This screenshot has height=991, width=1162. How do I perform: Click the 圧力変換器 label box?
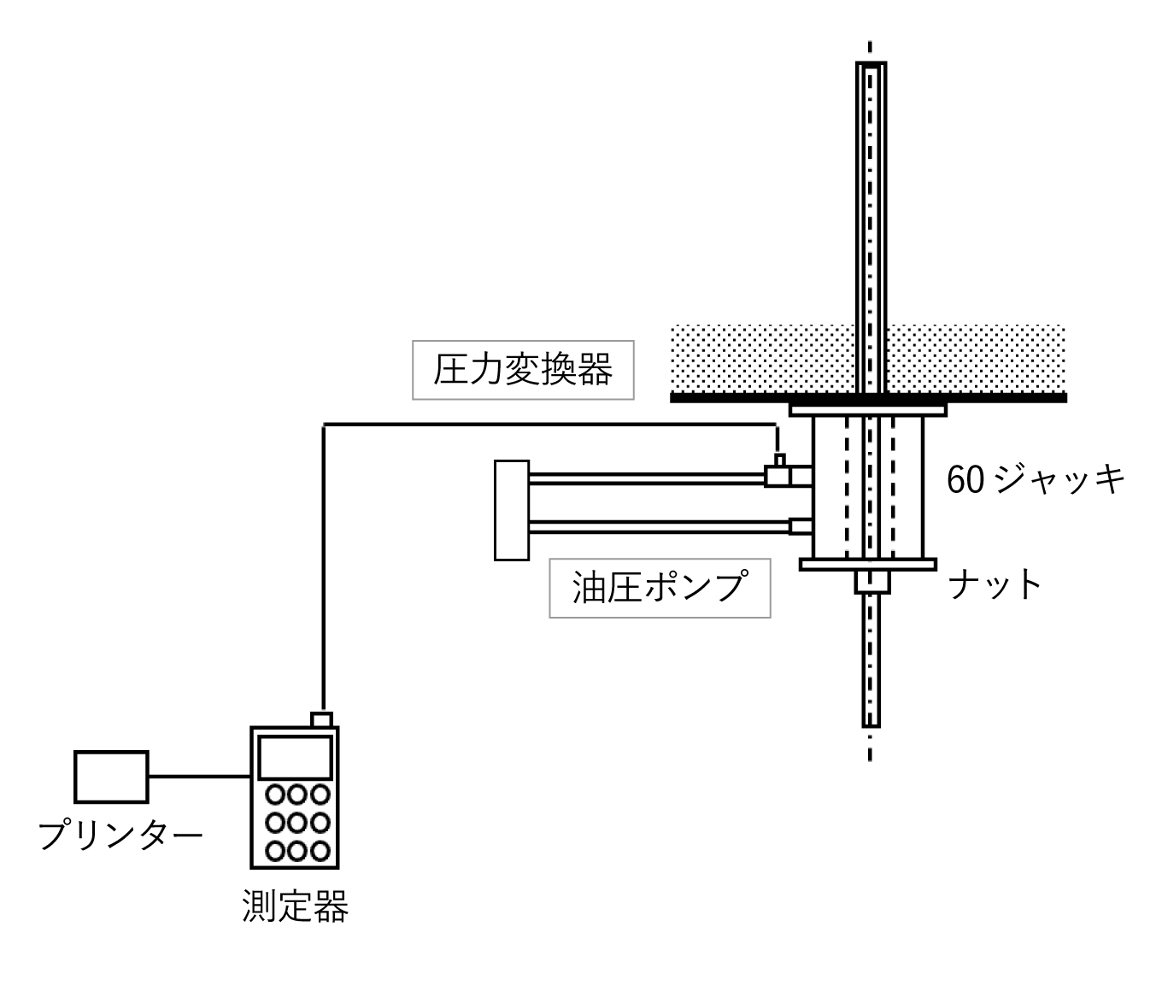click(x=523, y=371)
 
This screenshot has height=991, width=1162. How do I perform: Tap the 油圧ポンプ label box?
click(x=659, y=588)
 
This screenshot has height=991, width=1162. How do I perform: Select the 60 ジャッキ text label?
click(x=1036, y=480)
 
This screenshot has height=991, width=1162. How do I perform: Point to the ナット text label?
click(x=995, y=585)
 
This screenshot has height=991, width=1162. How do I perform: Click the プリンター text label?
click(x=120, y=835)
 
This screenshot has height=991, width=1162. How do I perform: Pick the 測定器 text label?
click(x=296, y=906)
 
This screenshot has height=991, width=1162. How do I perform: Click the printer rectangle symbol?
click(x=111, y=776)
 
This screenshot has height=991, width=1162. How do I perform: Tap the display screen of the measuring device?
click(x=296, y=756)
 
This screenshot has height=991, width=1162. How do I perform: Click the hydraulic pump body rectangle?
click(x=512, y=510)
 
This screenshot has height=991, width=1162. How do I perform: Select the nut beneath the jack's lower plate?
click(x=872, y=583)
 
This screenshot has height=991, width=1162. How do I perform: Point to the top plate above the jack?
click(x=868, y=410)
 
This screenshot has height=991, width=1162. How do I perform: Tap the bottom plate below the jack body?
click(x=868, y=564)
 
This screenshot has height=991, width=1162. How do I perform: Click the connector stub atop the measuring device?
click(x=321, y=719)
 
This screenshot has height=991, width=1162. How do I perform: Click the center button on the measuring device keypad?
click(x=297, y=823)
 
